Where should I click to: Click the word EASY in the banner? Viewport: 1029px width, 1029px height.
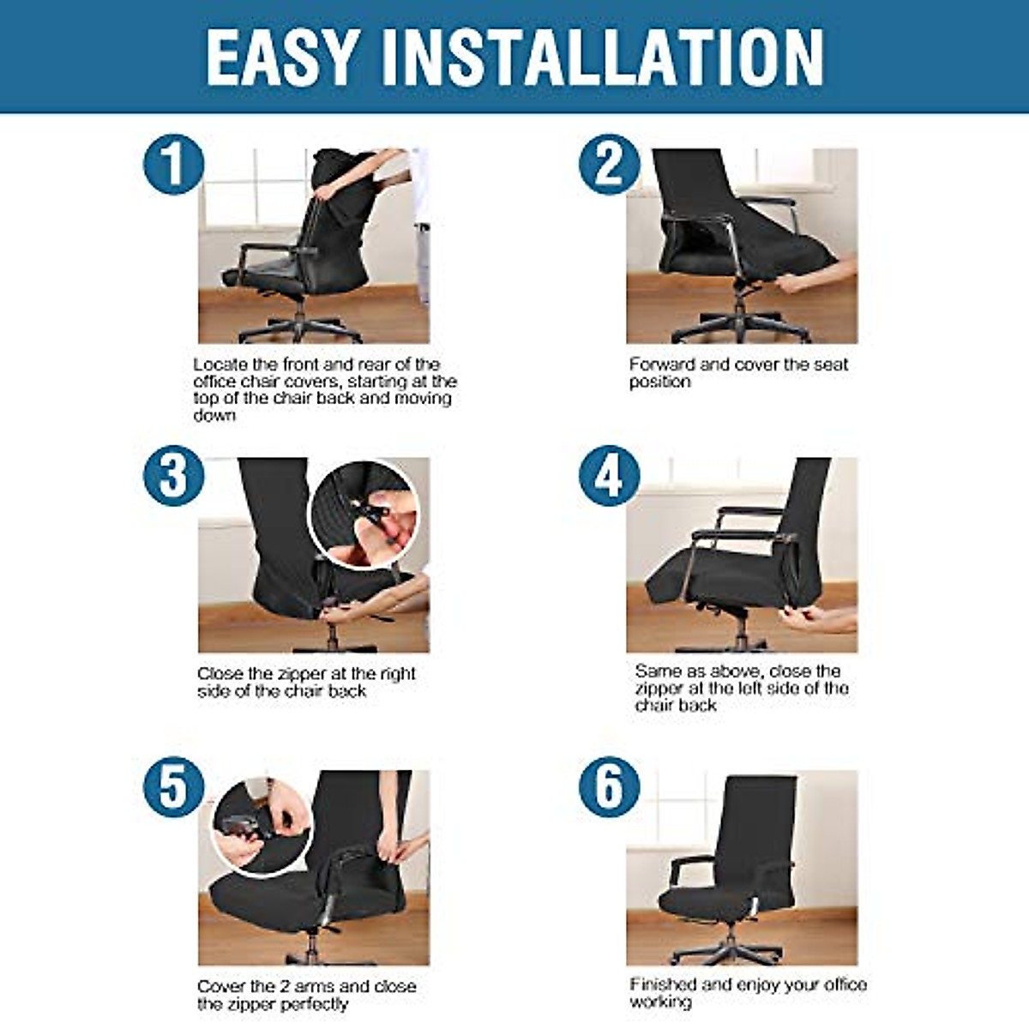(x=281, y=57)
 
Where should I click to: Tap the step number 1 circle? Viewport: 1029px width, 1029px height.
(x=173, y=164)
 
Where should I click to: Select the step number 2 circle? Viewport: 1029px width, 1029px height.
(x=609, y=164)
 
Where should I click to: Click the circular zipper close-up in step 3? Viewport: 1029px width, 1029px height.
(x=364, y=514)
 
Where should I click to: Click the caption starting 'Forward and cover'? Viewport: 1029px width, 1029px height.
(x=737, y=373)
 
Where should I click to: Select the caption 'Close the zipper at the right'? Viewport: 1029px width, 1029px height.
(x=306, y=683)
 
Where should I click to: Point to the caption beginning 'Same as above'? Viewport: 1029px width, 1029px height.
(x=741, y=688)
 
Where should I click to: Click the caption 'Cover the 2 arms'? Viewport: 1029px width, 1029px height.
(x=306, y=995)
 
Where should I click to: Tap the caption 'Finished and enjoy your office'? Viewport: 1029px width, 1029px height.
(x=748, y=992)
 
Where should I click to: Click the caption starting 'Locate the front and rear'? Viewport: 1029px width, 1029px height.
(x=324, y=389)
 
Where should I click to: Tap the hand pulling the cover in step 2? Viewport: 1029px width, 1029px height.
(x=819, y=274)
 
